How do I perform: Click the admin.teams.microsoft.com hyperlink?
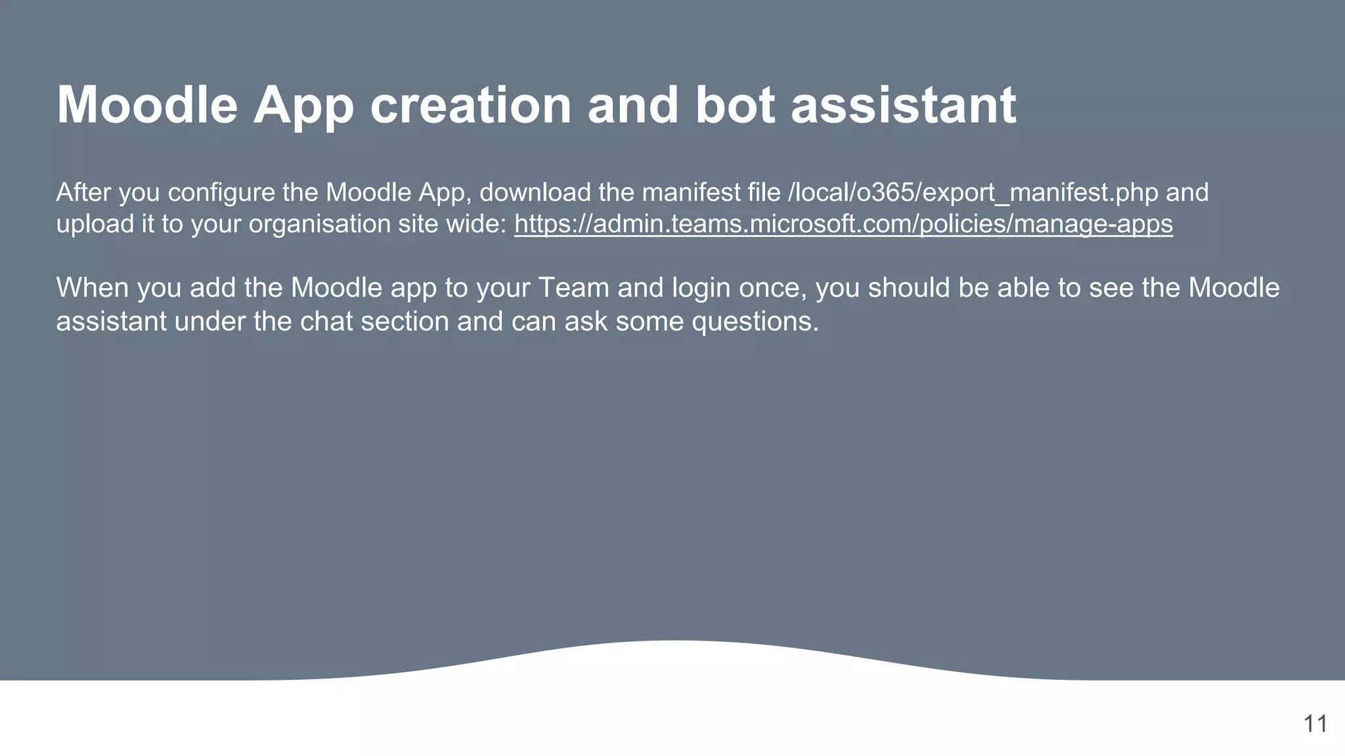(x=843, y=224)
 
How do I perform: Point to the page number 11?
(x=1315, y=724)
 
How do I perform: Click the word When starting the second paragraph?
(x=93, y=288)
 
